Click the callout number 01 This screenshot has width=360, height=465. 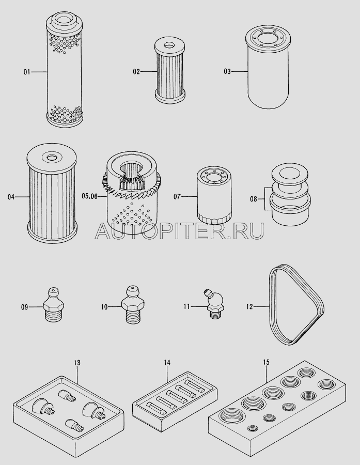click(x=27, y=72)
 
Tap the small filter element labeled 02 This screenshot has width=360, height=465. click(x=170, y=72)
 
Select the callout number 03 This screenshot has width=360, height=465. click(x=227, y=71)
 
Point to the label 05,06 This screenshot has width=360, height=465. click(x=89, y=196)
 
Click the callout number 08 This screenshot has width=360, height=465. click(x=253, y=199)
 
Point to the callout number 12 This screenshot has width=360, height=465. click(x=249, y=306)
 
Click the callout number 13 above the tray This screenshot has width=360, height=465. click(x=77, y=363)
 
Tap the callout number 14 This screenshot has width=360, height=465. click(x=167, y=362)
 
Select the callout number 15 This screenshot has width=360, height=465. click(x=266, y=362)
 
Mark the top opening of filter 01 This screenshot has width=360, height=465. click(x=65, y=20)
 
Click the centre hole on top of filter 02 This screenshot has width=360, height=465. click(x=170, y=45)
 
